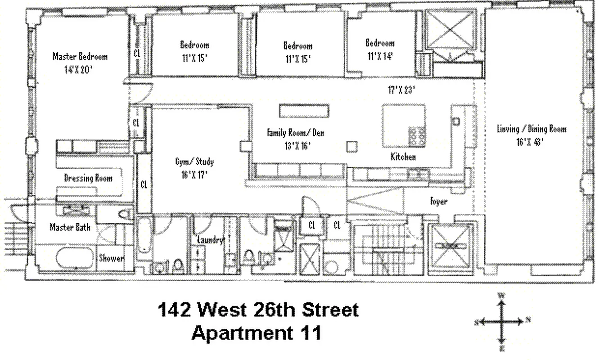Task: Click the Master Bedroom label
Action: (80, 57)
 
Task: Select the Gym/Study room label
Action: (194, 162)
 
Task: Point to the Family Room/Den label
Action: (295, 133)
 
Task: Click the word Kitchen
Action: (403, 157)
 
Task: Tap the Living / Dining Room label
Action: (531, 129)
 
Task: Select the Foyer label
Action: (438, 201)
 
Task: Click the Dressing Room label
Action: (88, 178)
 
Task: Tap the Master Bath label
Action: (70, 227)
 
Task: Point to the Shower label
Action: (111, 259)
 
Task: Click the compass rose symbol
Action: (502, 321)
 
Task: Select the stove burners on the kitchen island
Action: (417, 135)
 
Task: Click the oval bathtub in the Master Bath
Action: (75, 258)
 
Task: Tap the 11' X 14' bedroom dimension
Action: (380, 56)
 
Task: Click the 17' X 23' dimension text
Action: (402, 90)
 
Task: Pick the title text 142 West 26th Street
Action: (258, 310)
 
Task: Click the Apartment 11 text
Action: (257, 333)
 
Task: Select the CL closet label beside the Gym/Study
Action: (144, 184)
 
